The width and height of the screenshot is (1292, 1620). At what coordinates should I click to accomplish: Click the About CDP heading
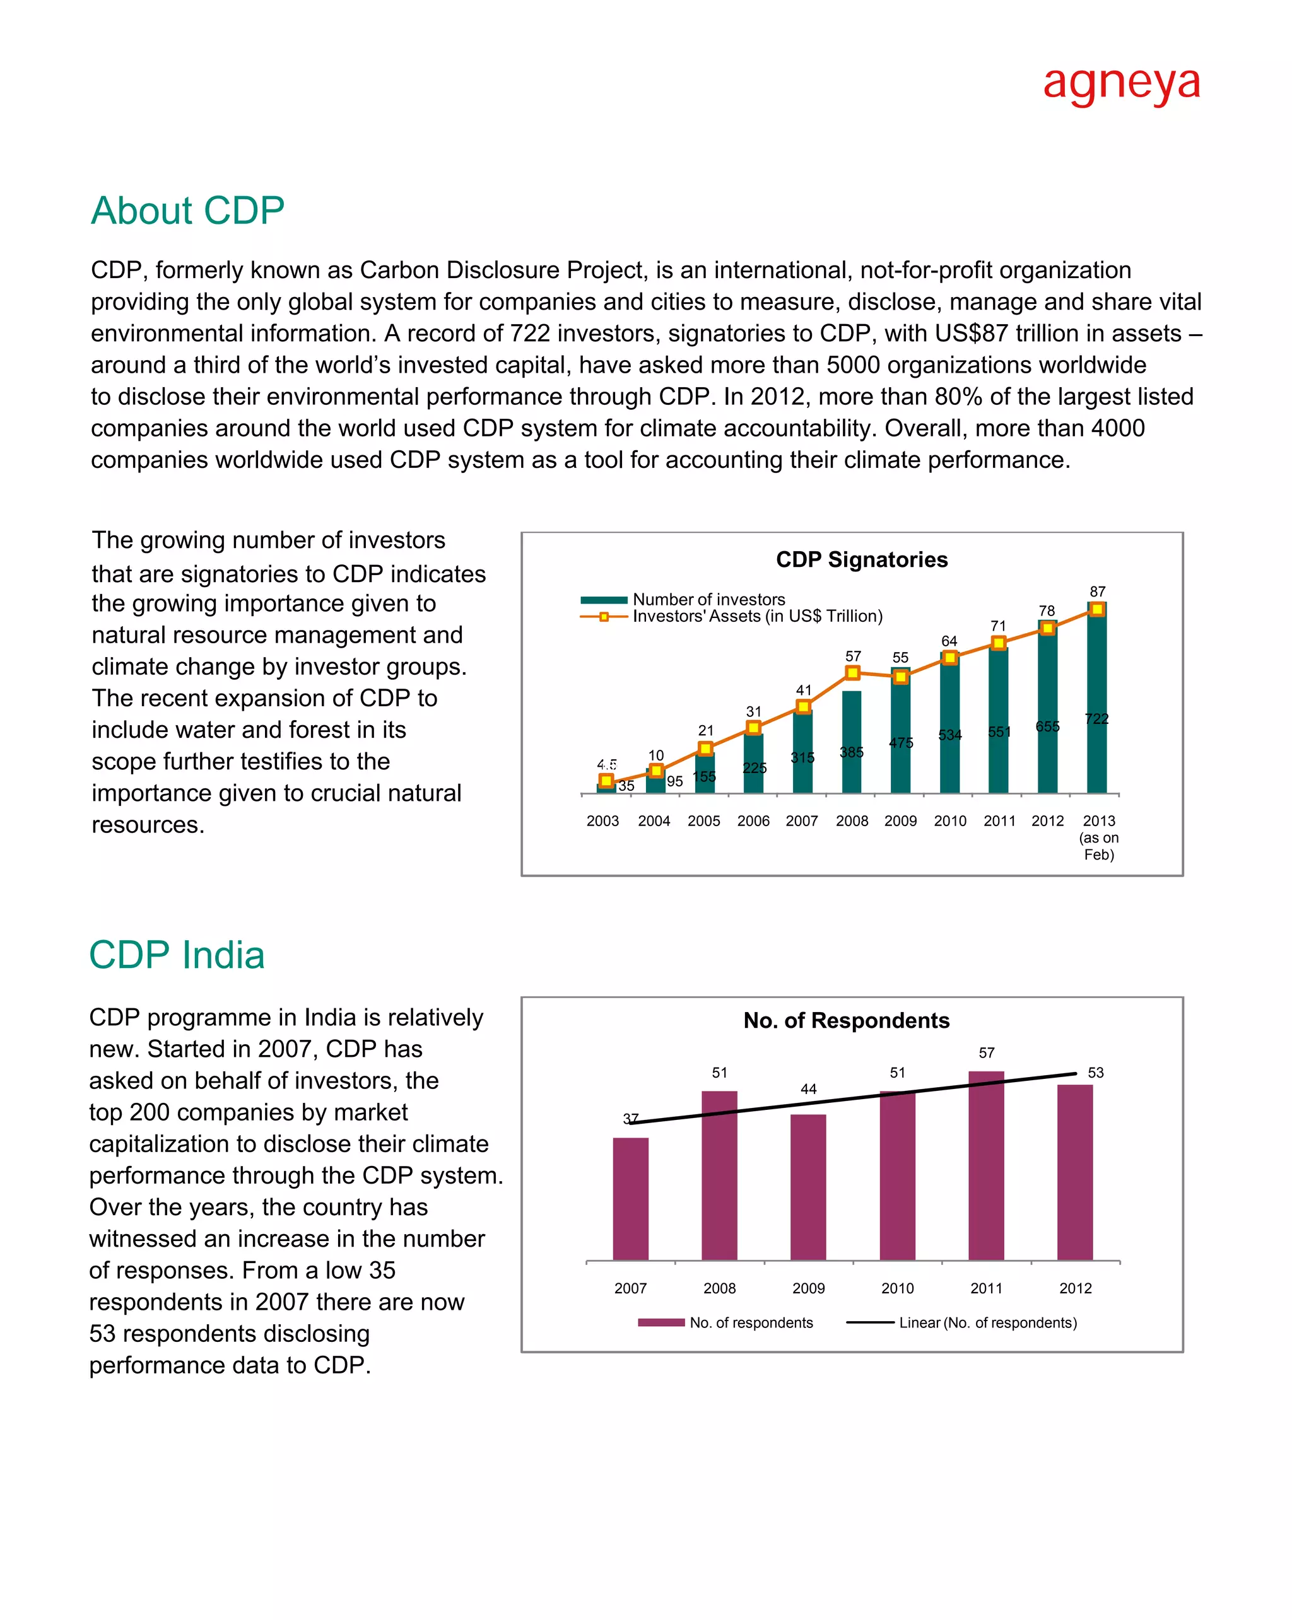coord(187,211)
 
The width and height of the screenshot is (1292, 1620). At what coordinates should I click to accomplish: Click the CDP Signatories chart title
coord(861,560)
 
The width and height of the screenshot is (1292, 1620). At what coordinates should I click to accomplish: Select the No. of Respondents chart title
coord(847,1020)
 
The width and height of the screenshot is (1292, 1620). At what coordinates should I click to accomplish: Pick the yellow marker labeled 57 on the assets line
coord(852,672)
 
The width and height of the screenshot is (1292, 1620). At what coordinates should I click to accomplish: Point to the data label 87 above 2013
coord(1097,591)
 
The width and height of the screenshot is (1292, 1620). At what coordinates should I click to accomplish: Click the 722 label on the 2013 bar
coord(1096,719)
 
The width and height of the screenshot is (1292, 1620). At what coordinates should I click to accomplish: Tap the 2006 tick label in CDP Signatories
coord(753,821)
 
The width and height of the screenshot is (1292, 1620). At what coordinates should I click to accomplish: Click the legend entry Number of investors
coord(708,600)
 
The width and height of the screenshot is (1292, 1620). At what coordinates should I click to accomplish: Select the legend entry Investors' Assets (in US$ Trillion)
coord(757,616)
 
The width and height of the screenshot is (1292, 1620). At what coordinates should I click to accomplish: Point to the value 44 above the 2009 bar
coord(808,1089)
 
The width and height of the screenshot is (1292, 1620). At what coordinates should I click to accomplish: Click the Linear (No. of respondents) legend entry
coord(987,1322)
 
